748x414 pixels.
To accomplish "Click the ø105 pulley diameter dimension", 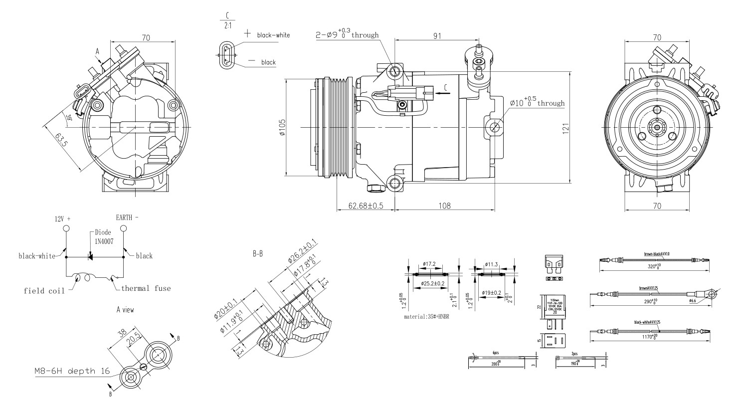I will coord(282,128).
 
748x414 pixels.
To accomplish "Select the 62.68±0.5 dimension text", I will coord(366,206).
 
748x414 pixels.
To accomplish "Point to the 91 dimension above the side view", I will coord(436,36).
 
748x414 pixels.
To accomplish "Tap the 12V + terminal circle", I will coord(66,228).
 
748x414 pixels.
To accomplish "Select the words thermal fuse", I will coord(146,288).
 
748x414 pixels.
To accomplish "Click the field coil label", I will coord(44,291).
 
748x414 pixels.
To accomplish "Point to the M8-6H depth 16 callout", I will coord(72,371).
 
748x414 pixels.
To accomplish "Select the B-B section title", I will coord(258,254).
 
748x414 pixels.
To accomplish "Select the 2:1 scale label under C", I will coord(227,25).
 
